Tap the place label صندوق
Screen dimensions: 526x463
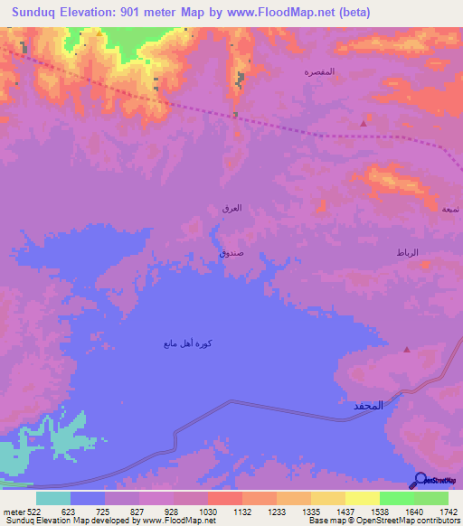click(x=231, y=254)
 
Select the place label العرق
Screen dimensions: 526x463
click(x=231, y=208)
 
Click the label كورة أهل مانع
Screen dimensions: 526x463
click(x=188, y=343)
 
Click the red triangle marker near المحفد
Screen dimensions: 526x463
click(x=406, y=349)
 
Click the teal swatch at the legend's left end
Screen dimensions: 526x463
click(x=53, y=498)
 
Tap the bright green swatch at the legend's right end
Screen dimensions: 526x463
click(x=430, y=498)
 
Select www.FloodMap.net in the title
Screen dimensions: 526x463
click(x=283, y=13)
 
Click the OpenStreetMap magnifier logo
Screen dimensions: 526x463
click(x=420, y=480)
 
